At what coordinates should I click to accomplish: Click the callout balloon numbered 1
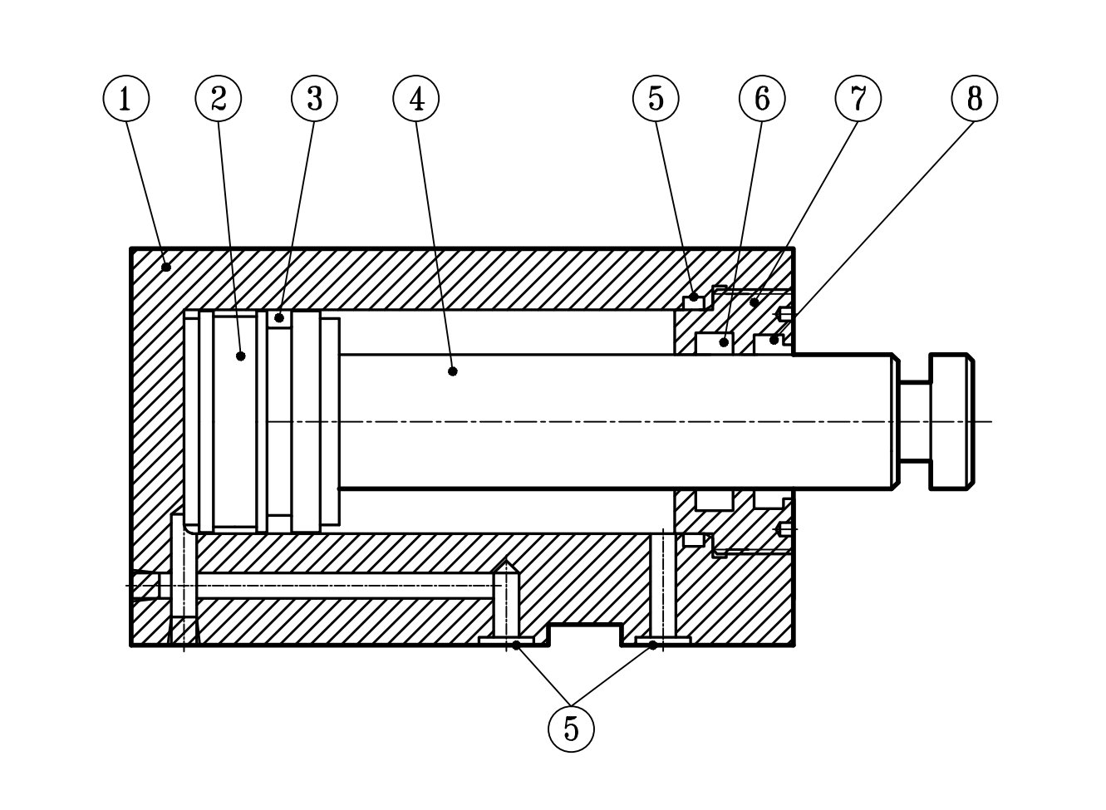click(126, 98)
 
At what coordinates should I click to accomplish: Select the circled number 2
click(219, 98)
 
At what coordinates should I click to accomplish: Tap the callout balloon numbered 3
click(314, 98)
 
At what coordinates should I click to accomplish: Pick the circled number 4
click(416, 98)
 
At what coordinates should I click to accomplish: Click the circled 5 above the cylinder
click(656, 98)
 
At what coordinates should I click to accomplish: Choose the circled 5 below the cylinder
click(571, 729)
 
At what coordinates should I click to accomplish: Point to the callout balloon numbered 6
click(762, 98)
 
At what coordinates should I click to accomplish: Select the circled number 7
click(858, 98)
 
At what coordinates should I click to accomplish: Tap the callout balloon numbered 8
click(974, 98)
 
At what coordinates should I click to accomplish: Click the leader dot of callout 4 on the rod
click(452, 371)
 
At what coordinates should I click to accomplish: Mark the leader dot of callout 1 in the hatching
click(166, 267)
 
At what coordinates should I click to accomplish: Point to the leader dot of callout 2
click(241, 356)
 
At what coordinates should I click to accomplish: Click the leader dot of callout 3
click(280, 317)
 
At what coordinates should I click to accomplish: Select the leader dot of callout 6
click(725, 341)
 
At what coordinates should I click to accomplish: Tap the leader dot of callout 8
click(774, 340)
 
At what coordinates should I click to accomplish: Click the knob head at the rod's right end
click(951, 421)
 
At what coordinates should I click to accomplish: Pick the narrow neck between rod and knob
click(914, 421)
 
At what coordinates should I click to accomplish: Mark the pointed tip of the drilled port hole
click(506, 565)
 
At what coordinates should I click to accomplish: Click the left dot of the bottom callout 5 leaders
click(516, 645)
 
